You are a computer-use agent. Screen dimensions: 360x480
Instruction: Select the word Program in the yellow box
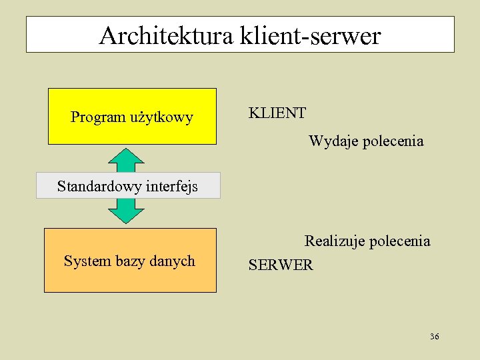click(x=98, y=118)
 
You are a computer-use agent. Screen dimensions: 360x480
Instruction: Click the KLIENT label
click(x=277, y=113)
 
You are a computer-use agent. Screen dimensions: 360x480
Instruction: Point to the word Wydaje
click(x=333, y=141)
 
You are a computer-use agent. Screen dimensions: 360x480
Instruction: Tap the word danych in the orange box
click(x=171, y=261)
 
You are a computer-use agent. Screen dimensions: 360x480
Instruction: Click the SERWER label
click(x=281, y=265)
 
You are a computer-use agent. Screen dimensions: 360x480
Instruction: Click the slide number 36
click(x=435, y=337)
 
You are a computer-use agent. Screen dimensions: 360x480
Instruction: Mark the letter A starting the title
click(x=107, y=35)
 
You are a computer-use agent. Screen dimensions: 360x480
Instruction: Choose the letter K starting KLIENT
click(x=253, y=113)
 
